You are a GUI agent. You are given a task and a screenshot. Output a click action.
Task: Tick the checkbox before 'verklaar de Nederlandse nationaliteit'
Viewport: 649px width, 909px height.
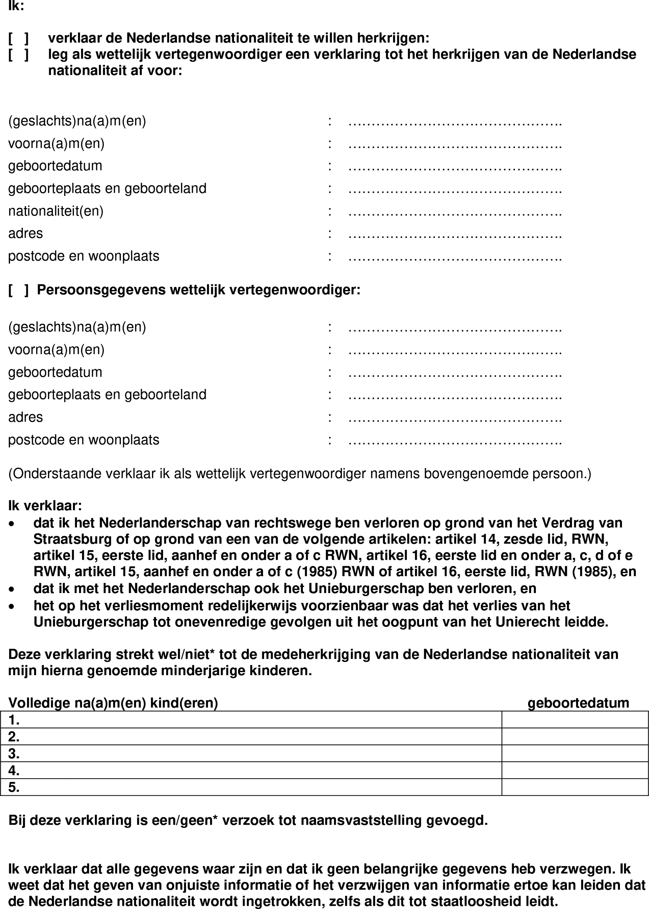18,38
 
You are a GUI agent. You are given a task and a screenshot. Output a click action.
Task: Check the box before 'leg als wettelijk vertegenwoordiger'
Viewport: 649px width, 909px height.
18,54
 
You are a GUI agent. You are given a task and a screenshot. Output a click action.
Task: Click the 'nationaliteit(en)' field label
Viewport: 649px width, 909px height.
56,211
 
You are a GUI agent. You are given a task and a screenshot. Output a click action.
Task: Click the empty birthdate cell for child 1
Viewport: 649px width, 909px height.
575,720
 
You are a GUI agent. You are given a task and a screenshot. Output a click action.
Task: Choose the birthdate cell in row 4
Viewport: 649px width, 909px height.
575,770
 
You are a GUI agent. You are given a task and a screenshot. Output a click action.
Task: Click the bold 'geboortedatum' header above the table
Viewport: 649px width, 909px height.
578,703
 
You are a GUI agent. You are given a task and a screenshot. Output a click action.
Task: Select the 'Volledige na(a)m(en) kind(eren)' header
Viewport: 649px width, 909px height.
113,703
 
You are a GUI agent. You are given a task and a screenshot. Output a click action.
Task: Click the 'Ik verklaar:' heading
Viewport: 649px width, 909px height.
45,506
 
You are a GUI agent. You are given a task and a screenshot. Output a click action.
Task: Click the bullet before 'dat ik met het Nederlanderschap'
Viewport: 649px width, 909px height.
12,589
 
